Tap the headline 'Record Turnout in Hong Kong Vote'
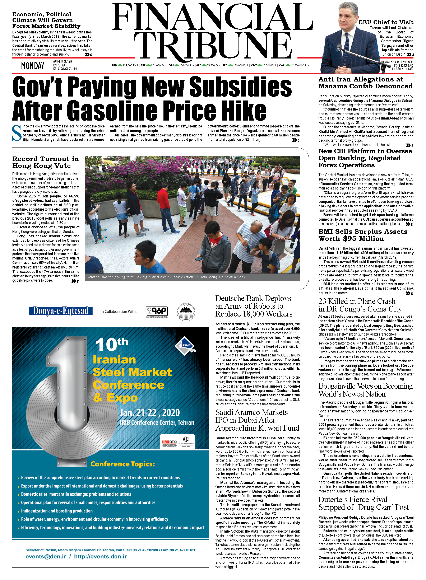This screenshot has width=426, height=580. coord(45,162)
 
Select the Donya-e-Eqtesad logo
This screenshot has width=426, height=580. coord(61,311)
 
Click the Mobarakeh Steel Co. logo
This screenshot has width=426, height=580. coord(157,312)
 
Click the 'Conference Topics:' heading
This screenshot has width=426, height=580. coord(122,464)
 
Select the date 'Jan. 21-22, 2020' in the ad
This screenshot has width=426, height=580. coord(150,413)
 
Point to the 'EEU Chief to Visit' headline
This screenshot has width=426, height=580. coord(386,22)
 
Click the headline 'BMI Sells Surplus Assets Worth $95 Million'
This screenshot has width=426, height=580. coord(363,235)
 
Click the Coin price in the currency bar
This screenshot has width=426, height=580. coord(294,65)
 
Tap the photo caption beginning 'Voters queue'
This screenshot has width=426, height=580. coord(166,277)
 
